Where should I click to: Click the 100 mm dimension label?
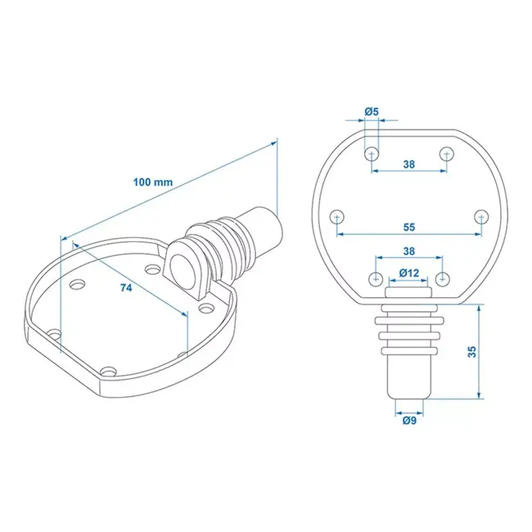152,182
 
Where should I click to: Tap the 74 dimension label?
126,287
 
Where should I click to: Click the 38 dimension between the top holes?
409,165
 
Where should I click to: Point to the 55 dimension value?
409,227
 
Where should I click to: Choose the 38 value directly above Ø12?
409,252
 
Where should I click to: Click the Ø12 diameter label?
409,273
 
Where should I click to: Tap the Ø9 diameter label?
409,421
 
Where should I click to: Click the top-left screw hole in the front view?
372,153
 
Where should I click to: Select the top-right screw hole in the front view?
447,153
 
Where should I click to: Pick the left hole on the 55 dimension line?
336,217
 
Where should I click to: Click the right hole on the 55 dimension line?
482,217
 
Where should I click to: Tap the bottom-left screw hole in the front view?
376,277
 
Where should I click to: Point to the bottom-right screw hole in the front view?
443,277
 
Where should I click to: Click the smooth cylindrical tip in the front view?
409,372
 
